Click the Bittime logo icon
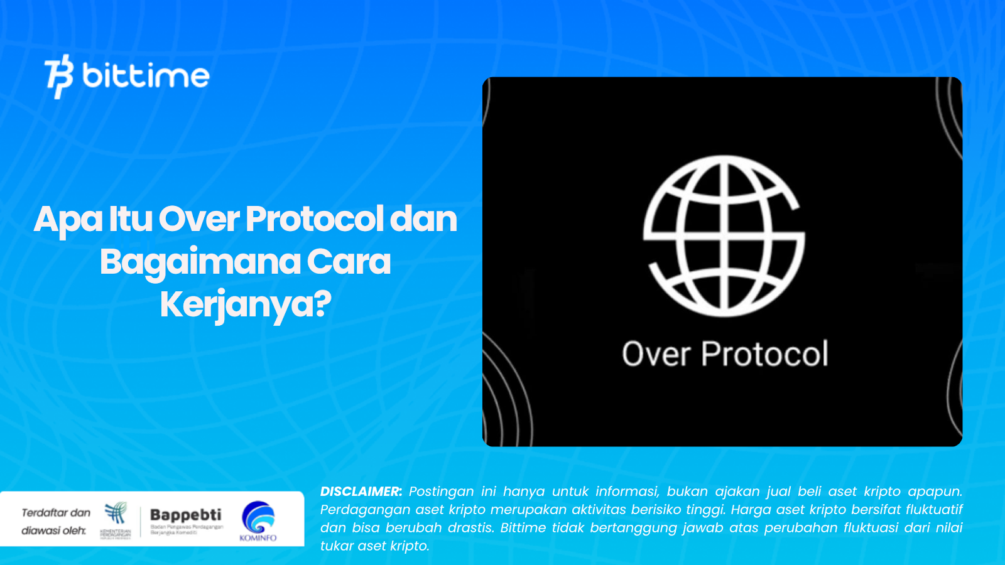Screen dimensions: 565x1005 click(59, 76)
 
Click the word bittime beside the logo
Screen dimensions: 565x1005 click(146, 76)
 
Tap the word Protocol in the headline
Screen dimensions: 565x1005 click(314, 219)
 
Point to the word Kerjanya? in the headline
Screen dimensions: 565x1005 click(246, 304)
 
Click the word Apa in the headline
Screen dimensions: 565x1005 click(68, 220)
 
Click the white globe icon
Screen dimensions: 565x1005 click(724, 235)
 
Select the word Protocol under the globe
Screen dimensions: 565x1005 click(764, 354)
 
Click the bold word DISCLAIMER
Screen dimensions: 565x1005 click(361, 492)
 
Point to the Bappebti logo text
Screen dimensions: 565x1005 click(186, 515)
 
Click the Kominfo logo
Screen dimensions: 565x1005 click(258, 520)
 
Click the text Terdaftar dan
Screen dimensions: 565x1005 click(56, 513)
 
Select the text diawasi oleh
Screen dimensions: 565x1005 click(54, 530)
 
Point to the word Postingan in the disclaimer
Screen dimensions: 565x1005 click(441, 492)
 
